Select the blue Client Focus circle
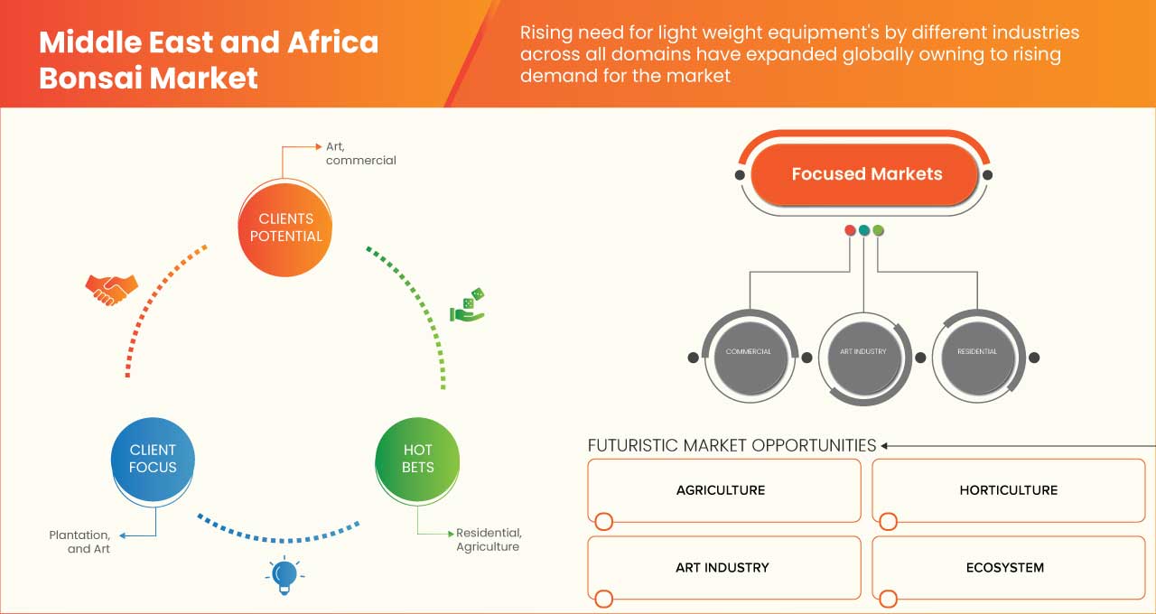click(x=153, y=459)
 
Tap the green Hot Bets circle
click(x=417, y=459)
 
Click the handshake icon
click(x=111, y=289)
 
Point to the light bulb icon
click(x=284, y=574)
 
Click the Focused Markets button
click(x=866, y=174)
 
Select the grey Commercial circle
click(x=748, y=351)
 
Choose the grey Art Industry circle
click(x=862, y=351)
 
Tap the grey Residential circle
click(x=976, y=351)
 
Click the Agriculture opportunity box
click(x=723, y=490)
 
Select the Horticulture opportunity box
click(x=1008, y=490)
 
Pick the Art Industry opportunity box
click(x=723, y=568)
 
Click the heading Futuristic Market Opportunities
click(x=732, y=445)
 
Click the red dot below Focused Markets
click(x=850, y=230)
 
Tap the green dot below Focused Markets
click(x=878, y=230)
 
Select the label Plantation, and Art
click(x=80, y=542)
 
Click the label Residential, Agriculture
click(x=489, y=539)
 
